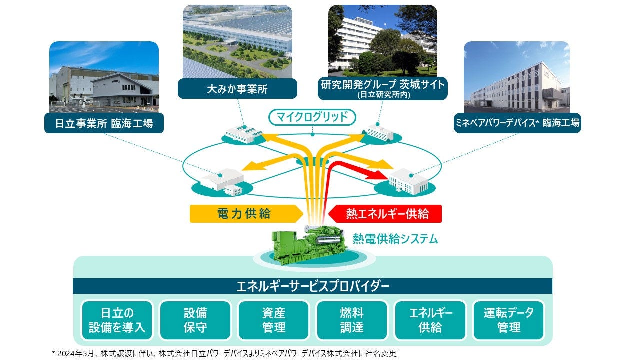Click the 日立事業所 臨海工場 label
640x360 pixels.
[x=104, y=123]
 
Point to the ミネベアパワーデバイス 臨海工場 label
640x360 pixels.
[x=517, y=123]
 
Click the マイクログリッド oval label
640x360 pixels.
[x=312, y=118]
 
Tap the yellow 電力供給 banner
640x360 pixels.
[x=245, y=214]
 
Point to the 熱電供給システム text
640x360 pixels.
[x=395, y=239]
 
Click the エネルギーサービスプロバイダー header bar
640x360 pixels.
[x=312, y=286]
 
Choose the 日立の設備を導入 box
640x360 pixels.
[x=117, y=320]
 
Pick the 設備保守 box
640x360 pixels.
[x=195, y=320]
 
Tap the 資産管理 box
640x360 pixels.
[x=273, y=320]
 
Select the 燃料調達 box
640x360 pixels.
[x=352, y=320]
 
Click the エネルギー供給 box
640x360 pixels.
[x=430, y=320]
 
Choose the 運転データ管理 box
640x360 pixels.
[x=509, y=320]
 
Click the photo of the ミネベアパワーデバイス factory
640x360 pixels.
[x=517, y=77]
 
